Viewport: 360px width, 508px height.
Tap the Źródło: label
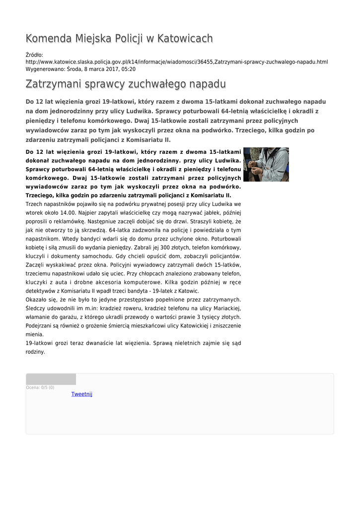coord(34,55)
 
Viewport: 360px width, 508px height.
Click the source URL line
coord(176,62)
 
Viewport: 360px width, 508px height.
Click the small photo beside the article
coord(266,164)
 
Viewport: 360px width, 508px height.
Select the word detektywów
coord(44,291)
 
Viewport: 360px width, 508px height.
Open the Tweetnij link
coord(82,394)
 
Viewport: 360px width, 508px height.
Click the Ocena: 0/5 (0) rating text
coord(40,387)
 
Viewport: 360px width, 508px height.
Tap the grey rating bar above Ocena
coord(51,380)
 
